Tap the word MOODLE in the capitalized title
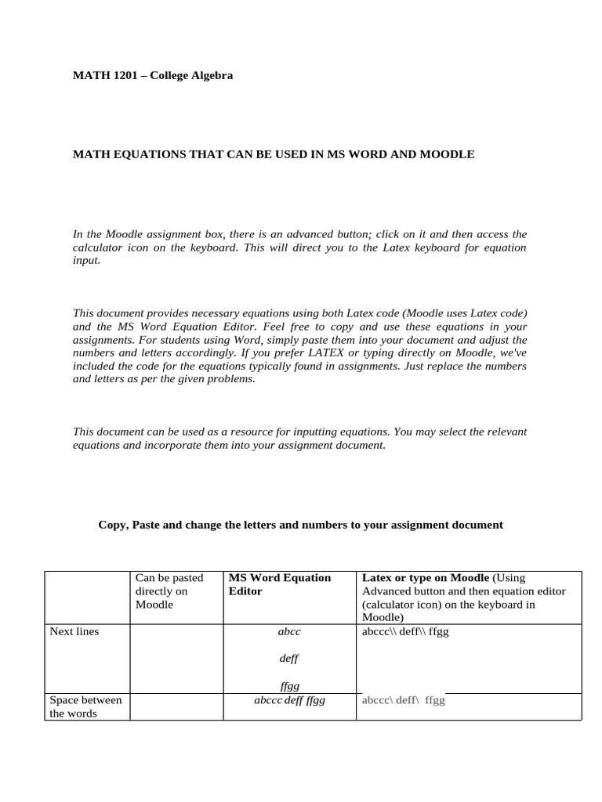click(x=446, y=154)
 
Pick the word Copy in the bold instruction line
click(x=111, y=525)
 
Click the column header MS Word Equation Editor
click(x=279, y=584)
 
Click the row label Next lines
click(x=74, y=631)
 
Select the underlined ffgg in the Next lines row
click(x=289, y=685)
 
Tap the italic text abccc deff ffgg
click(x=289, y=700)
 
